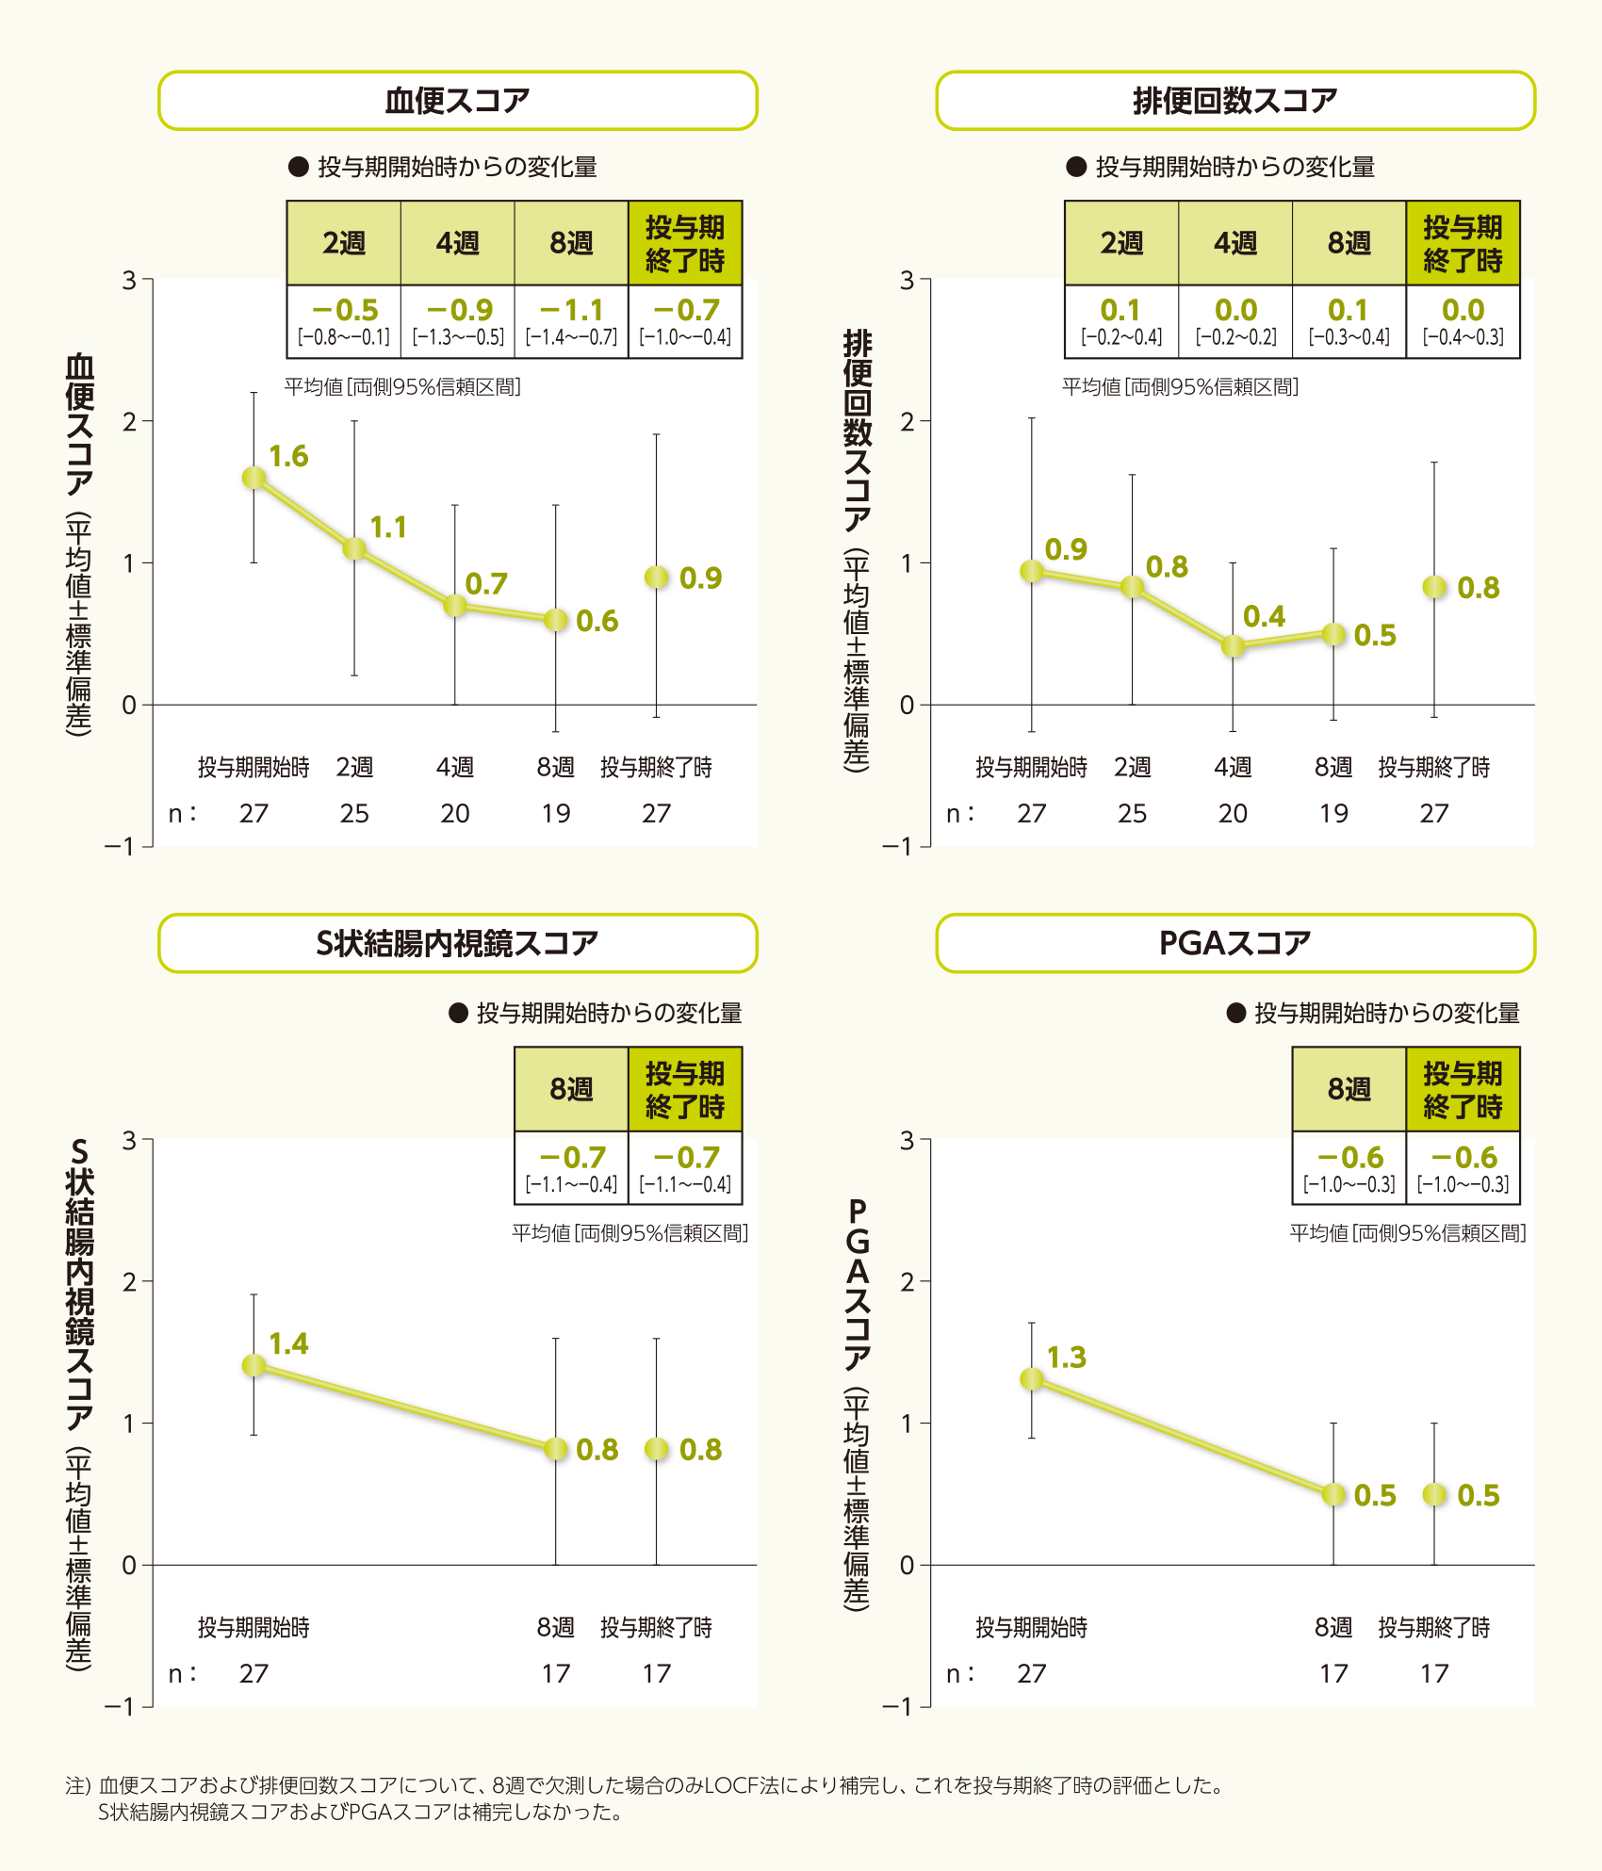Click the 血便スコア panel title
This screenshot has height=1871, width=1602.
coord(457,100)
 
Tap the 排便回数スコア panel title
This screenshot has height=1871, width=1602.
coord(1234,100)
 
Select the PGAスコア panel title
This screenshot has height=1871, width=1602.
coord(1234,942)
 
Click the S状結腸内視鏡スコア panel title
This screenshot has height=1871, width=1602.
coord(457,942)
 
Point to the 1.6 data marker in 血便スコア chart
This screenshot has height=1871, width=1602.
coord(253,478)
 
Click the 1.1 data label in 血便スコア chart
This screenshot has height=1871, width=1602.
coord(388,528)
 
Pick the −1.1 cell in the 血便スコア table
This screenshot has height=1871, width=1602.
coord(571,320)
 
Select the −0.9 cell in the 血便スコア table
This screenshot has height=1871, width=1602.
coord(458,320)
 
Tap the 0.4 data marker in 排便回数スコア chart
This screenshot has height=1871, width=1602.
coord(1233,646)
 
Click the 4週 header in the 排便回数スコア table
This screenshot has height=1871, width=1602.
coord(1235,243)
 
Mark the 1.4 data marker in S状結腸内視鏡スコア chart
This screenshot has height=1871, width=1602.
coord(253,1365)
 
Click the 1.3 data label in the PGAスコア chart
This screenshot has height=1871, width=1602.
coord(1067,1358)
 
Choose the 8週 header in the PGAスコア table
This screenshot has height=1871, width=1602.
coord(1349,1089)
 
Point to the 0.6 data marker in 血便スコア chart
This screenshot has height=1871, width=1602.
coord(556,620)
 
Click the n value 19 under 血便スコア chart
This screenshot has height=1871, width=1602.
coord(556,813)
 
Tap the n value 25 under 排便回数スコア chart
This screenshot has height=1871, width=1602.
coord(1132,813)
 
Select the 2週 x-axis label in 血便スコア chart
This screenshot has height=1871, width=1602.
coord(354,767)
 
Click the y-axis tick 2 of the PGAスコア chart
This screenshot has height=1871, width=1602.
coord(907,1281)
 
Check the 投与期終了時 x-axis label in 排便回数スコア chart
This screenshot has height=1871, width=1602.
coord(1434,767)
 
